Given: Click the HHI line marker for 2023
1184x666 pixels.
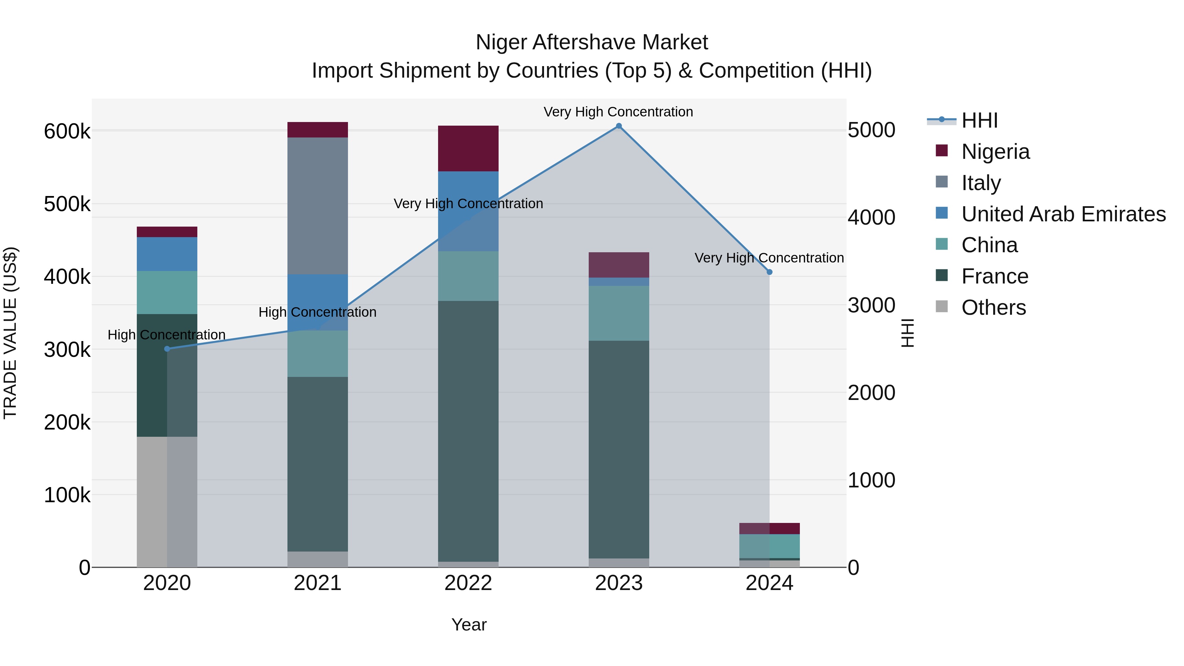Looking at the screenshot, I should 619,126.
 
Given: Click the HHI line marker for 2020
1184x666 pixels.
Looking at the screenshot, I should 167,349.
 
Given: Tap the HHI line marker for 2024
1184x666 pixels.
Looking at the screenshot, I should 769,272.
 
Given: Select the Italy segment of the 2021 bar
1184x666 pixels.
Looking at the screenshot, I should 318,206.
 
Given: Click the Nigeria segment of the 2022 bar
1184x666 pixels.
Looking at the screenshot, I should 468,148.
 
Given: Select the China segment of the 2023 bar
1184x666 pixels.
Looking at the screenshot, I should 619,313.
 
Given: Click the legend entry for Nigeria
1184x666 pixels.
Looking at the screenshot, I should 995,152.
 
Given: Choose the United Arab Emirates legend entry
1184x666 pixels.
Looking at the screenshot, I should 1063,214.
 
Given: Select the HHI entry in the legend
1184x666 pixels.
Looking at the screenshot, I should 979,120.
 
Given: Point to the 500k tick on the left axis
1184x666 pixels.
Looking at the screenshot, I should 67,204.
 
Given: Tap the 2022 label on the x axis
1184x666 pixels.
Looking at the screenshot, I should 468,583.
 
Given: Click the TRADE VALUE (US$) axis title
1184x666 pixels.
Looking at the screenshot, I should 11,333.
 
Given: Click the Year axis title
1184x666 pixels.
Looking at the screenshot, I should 469,625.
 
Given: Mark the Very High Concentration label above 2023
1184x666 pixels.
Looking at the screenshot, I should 618,112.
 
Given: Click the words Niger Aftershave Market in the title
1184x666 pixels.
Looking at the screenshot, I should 592,42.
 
